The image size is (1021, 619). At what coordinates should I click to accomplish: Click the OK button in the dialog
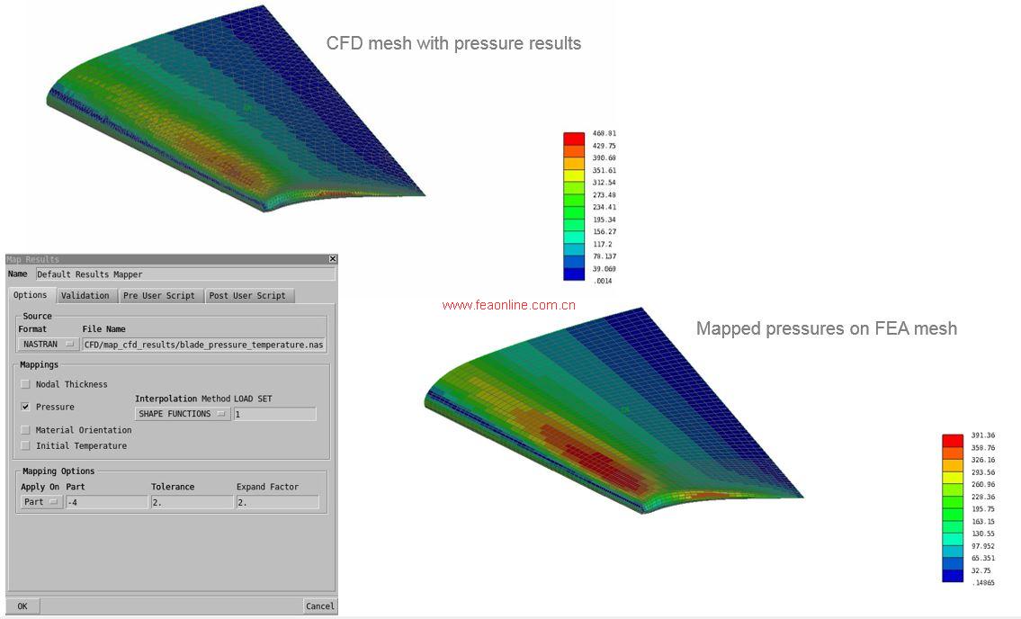coord(22,606)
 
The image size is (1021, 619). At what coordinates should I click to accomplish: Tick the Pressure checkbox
coord(26,407)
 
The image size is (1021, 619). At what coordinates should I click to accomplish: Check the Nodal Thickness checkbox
coord(26,384)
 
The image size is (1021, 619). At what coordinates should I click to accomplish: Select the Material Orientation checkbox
coord(26,430)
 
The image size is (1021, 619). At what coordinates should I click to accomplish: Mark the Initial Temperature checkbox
coord(26,445)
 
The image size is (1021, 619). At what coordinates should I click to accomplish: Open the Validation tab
coord(85,295)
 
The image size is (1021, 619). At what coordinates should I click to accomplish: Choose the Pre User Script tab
coord(159,295)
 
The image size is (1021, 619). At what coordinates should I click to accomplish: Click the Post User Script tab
coord(247,295)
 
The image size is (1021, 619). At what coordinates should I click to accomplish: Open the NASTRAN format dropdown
coord(49,344)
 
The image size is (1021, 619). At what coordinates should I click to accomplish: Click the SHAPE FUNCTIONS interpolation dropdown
coord(183,414)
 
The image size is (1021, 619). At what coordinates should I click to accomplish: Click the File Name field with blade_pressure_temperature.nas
coord(204,344)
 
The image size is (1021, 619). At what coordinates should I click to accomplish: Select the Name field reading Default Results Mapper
coord(184,274)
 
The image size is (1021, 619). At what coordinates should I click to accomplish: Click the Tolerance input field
coord(192,502)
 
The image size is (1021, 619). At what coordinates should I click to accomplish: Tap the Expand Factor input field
coord(277,502)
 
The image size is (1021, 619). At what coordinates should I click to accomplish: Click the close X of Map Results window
coord(333,260)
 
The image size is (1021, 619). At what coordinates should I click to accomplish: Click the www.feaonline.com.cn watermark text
coord(508,305)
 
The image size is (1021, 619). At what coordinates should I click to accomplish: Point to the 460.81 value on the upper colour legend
coord(605,133)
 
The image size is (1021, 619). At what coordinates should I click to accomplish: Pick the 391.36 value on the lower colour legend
coord(983,435)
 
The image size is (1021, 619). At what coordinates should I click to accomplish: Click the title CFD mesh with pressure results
coord(453,43)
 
